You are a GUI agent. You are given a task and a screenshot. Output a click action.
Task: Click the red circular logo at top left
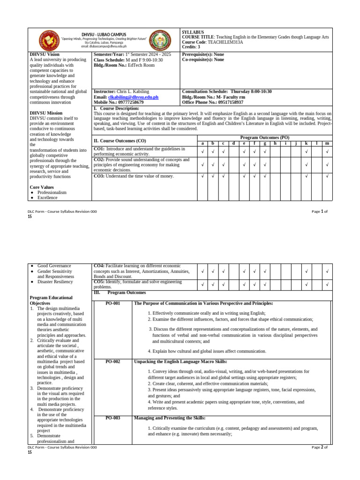48,41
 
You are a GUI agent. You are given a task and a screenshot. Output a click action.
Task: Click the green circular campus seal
160,41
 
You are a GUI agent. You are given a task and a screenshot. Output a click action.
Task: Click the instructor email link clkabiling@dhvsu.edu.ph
133,97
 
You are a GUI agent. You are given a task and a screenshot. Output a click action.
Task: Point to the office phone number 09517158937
225,102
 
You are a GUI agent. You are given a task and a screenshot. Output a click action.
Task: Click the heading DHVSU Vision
45,54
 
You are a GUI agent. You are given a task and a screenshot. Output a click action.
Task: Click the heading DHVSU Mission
46,113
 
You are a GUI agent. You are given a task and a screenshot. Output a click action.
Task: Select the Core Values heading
42,187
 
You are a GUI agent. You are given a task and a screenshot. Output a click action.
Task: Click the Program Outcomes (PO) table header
264,137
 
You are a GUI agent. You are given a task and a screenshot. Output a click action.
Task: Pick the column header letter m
327,143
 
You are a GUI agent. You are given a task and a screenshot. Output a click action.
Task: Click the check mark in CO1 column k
306,151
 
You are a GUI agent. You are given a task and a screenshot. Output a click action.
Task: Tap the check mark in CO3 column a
202,176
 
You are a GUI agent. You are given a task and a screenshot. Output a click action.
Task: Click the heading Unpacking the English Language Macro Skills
180,361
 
